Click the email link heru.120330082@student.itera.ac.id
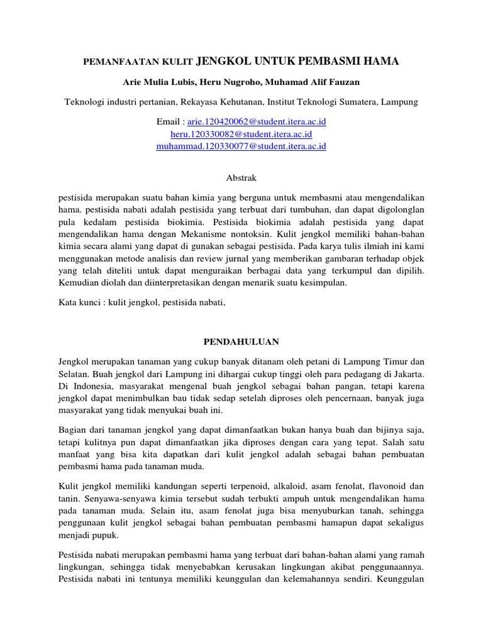pyautogui.click(x=241, y=134)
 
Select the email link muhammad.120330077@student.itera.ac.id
pyautogui.click(x=241, y=146)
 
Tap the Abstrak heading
pyautogui.click(x=241, y=178)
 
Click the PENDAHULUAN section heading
pyautogui.click(x=241, y=341)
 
